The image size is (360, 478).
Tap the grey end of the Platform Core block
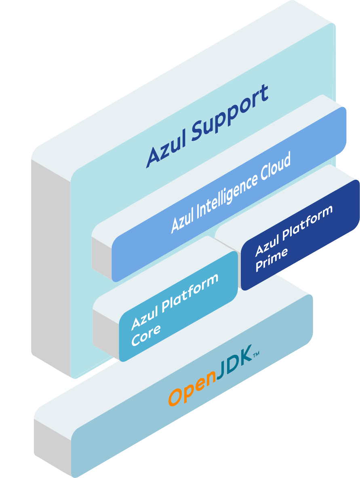click(x=106, y=333)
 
